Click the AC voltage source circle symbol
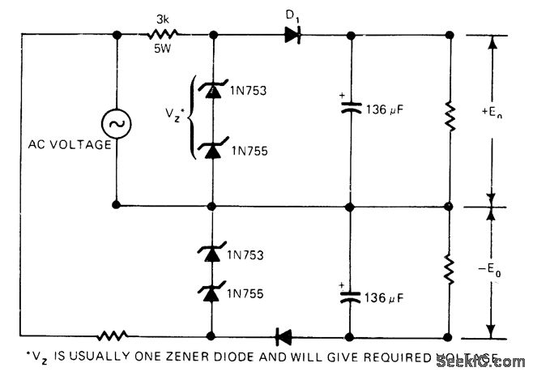[117, 123]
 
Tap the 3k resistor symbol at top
[163, 35]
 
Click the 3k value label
[161, 16]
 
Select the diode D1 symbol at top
[292, 35]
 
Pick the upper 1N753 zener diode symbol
[212, 91]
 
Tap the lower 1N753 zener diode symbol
[212, 254]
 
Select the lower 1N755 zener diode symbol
[212, 290]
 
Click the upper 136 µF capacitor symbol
[350, 112]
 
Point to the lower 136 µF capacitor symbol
[350, 296]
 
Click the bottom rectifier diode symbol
[284, 335]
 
